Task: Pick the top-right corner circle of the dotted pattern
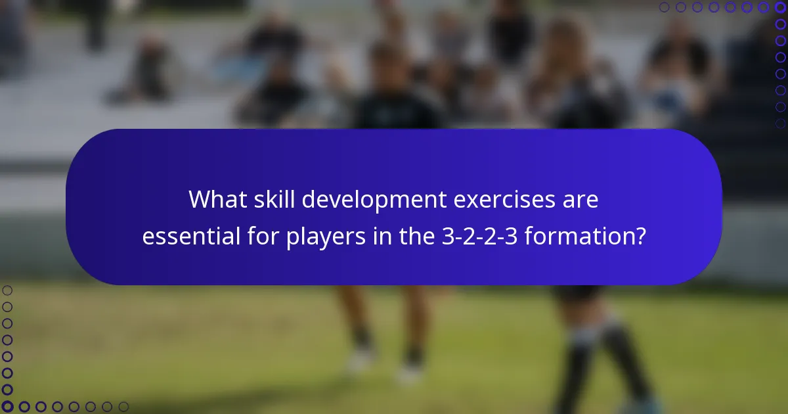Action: click(781, 7)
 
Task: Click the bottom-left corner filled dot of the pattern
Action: click(7, 407)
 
